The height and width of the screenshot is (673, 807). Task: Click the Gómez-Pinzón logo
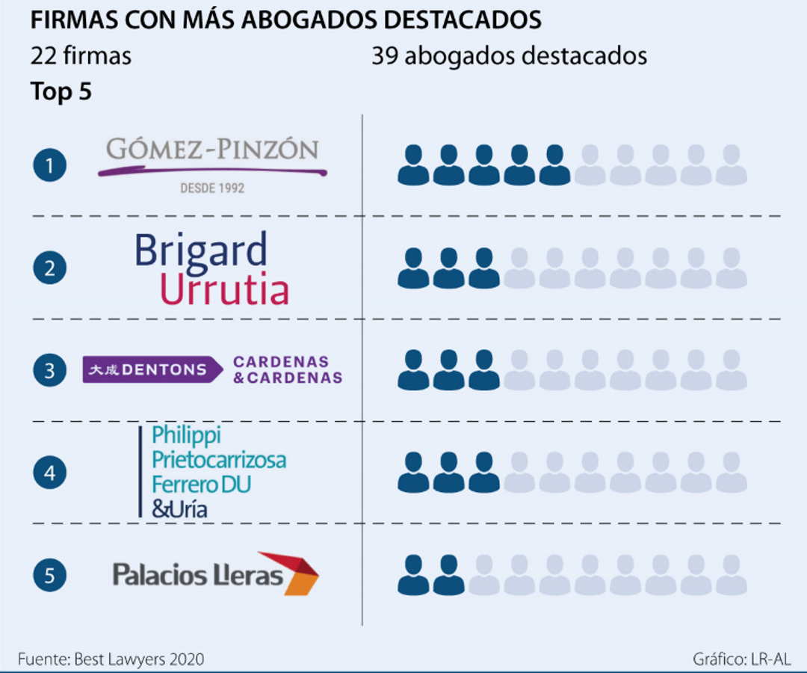[x=212, y=163]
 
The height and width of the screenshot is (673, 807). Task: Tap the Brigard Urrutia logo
[x=211, y=268]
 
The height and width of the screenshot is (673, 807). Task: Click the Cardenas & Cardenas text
[x=288, y=369]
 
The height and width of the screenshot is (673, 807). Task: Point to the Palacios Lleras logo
[x=215, y=574]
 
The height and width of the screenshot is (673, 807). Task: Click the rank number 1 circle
[x=49, y=165]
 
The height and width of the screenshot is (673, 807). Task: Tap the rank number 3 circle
[x=49, y=370]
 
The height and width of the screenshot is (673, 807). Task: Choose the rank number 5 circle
[x=49, y=575]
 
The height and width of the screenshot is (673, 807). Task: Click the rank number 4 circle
[x=49, y=473]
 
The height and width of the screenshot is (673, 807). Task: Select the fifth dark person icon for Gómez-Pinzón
[x=554, y=165]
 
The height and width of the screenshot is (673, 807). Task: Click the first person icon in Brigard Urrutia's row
[x=413, y=268]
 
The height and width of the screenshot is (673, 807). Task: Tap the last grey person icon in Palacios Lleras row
[x=732, y=575]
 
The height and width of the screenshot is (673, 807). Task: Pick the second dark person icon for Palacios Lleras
[x=448, y=575]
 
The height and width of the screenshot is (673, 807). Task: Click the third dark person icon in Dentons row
[x=484, y=370]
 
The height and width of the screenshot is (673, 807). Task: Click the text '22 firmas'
[x=81, y=56]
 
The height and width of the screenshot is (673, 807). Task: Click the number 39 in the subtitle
[x=384, y=56]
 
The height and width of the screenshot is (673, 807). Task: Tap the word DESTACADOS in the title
[x=471, y=20]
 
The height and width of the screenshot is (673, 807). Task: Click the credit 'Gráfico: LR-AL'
[x=741, y=659]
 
